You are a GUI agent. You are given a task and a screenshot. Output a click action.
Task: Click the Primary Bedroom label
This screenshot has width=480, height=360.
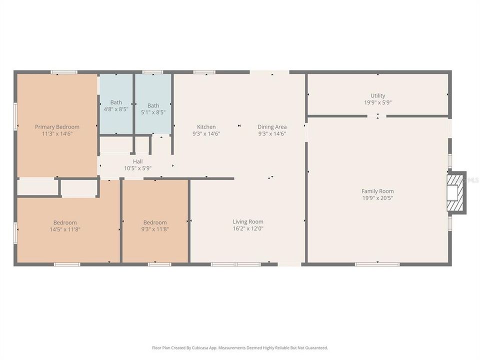point(57,127)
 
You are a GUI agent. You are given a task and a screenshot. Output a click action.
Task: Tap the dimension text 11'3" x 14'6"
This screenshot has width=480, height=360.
point(57,133)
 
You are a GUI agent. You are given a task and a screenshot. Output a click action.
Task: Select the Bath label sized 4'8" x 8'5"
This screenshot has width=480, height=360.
point(116,102)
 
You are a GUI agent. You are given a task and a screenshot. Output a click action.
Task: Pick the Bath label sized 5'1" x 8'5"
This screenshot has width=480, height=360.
point(153,105)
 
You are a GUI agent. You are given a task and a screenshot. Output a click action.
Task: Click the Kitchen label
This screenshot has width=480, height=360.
point(206,127)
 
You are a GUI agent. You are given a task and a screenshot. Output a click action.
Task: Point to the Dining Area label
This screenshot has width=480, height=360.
point(272,127)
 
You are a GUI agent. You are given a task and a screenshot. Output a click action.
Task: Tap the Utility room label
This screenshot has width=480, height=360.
point(377,95)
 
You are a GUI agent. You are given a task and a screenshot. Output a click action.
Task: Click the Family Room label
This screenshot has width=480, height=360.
point(377,191)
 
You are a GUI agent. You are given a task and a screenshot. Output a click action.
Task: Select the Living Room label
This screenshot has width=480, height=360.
point(248,221)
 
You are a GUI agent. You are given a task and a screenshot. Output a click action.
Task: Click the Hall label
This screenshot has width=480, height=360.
point(137,161)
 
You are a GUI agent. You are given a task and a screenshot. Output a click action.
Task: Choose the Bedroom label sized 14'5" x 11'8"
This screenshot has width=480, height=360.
point(65,222)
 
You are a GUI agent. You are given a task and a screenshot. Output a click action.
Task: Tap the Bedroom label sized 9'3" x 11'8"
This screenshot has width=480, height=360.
point(155,222)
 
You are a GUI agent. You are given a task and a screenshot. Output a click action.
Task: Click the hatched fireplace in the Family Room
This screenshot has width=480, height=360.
point(456,192)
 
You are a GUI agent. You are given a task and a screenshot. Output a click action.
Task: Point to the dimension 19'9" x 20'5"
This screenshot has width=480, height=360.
point(377,198)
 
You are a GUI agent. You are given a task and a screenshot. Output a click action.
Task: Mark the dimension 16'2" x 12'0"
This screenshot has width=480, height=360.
point(248,228)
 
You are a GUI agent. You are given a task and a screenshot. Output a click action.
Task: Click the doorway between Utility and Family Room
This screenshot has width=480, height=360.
point(377,116)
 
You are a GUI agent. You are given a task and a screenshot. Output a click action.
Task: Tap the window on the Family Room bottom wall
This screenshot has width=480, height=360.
point(377,263)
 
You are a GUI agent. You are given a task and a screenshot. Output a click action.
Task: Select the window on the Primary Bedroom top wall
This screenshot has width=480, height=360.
point(64,72)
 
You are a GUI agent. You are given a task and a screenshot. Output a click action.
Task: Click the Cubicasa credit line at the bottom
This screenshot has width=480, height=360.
point(240,347)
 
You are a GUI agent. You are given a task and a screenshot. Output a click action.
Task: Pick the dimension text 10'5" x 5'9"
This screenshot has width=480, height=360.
point(137,168)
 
